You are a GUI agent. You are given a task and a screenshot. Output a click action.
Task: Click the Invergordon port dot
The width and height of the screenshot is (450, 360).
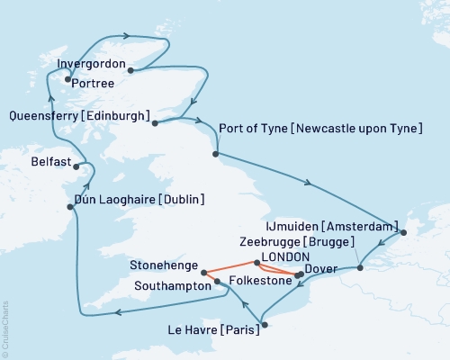pyautogui.click(x=131, y=69)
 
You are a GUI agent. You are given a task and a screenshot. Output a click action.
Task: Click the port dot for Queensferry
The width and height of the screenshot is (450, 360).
pyautogui.click(x=155, y=123)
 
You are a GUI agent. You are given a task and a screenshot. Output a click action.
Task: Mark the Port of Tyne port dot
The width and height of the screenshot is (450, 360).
pyautogui.click(x=215, y=154)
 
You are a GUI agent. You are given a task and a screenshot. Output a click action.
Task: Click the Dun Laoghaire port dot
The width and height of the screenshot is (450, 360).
pyautogui.click(x=70, y=206)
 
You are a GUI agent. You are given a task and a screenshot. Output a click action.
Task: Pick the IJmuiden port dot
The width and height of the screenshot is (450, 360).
pyautogui.click(x=403, y=234)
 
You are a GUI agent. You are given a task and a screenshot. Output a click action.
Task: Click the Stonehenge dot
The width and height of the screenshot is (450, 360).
pyautogui.click(x=204, y=272)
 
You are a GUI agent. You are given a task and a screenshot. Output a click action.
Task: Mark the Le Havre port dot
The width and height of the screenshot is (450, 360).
pyautogui.click(x=263, y=324)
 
